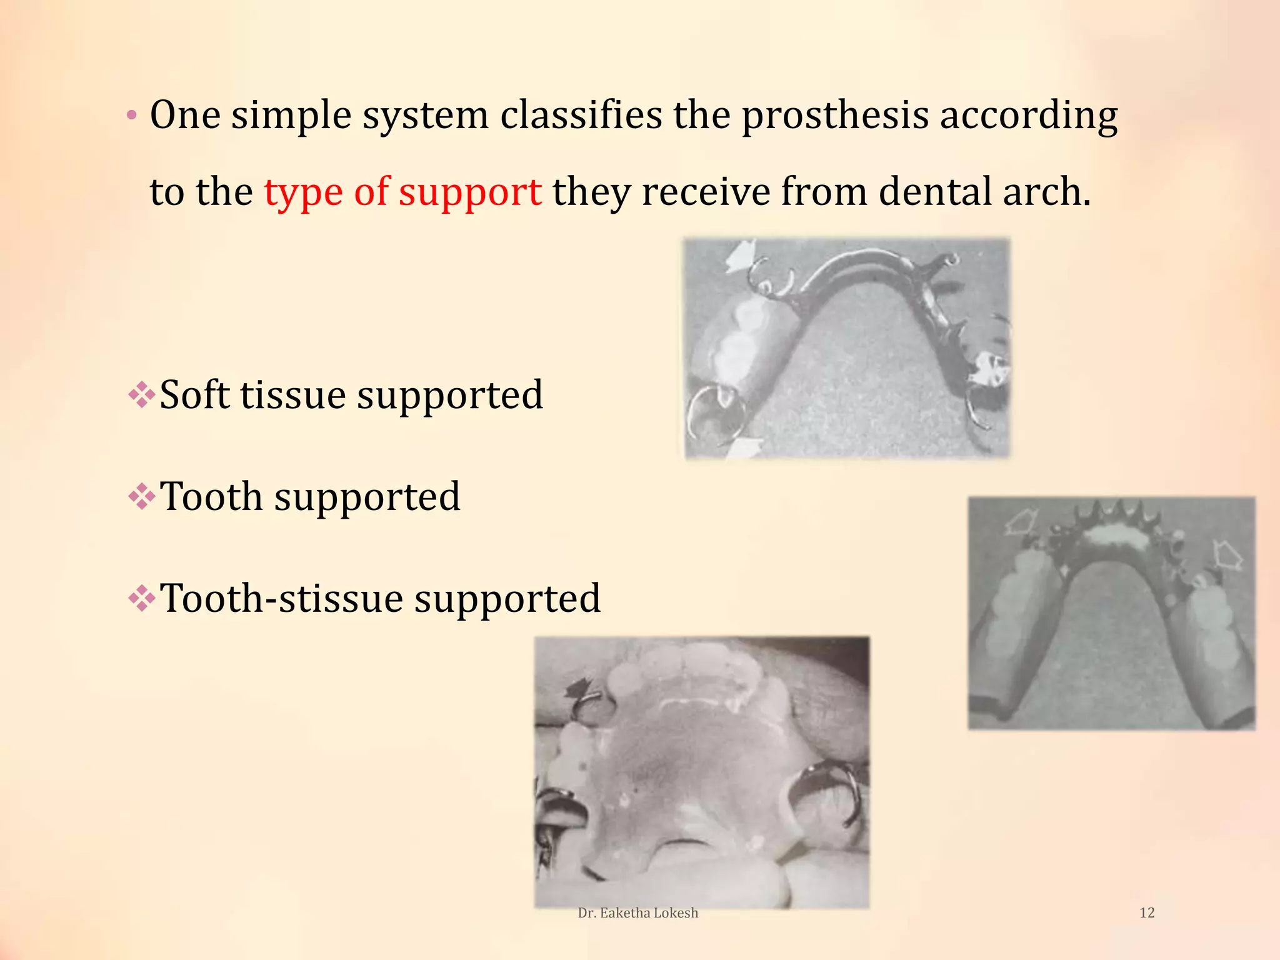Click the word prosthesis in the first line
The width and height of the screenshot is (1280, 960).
pos(835,116)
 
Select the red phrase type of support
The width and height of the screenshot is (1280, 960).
pos(402,192)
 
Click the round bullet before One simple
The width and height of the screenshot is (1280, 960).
pos(131,116)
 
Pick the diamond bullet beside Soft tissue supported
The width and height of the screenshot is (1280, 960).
pos(142,395)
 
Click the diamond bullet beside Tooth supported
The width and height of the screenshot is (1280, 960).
pos(142,497)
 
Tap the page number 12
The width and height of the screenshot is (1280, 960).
pos(1147,912)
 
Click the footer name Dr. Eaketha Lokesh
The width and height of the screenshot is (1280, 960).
pos(637,912)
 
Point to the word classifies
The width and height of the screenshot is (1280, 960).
pos(581,116)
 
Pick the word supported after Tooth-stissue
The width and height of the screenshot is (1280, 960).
pos(507,599)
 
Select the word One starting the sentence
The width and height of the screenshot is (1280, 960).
pos(185,116)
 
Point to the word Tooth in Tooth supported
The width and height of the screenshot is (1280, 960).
pos(211,497)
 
